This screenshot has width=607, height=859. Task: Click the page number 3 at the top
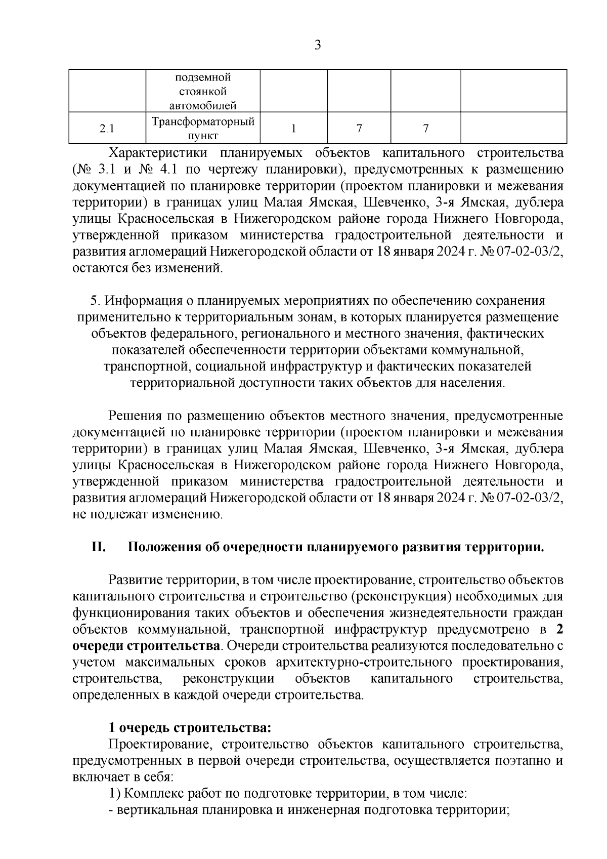317,45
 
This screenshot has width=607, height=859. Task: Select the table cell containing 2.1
106,129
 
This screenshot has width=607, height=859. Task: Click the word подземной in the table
203,77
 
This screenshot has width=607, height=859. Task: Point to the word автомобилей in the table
203,106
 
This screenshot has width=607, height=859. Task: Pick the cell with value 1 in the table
293,129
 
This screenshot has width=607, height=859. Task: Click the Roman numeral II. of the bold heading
98,548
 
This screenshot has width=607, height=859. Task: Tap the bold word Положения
160,548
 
